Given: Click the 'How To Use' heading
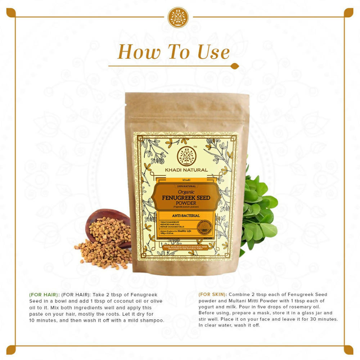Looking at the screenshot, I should coord(174,52).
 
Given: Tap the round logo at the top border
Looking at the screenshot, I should coord(178,17).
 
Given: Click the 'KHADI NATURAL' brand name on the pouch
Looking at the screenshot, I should coord(187,170).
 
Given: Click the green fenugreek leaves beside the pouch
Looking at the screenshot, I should coord(259,212).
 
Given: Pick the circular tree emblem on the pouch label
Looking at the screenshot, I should coord(187,155).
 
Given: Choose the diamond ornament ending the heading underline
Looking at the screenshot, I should coord(234,66).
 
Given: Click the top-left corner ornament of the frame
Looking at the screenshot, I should coord(11,13).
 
